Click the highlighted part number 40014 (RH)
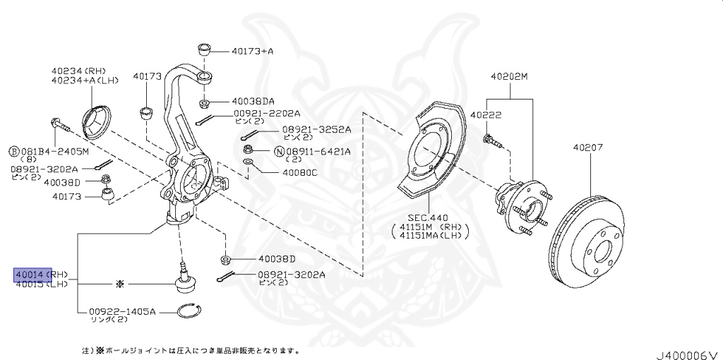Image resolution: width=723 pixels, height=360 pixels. click(x=33, y=274)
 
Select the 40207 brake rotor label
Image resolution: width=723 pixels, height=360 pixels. click(x=587, y=148)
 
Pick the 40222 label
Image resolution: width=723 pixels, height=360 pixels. click(x=486, y=115)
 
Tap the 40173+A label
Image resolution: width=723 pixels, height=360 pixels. click(x=252, y=51)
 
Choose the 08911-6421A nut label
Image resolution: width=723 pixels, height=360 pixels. click(x=318, y=151)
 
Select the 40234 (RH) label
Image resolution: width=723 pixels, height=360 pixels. click(x=78, y=71)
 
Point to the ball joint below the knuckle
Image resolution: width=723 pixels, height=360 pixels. click(x=186, y=280)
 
